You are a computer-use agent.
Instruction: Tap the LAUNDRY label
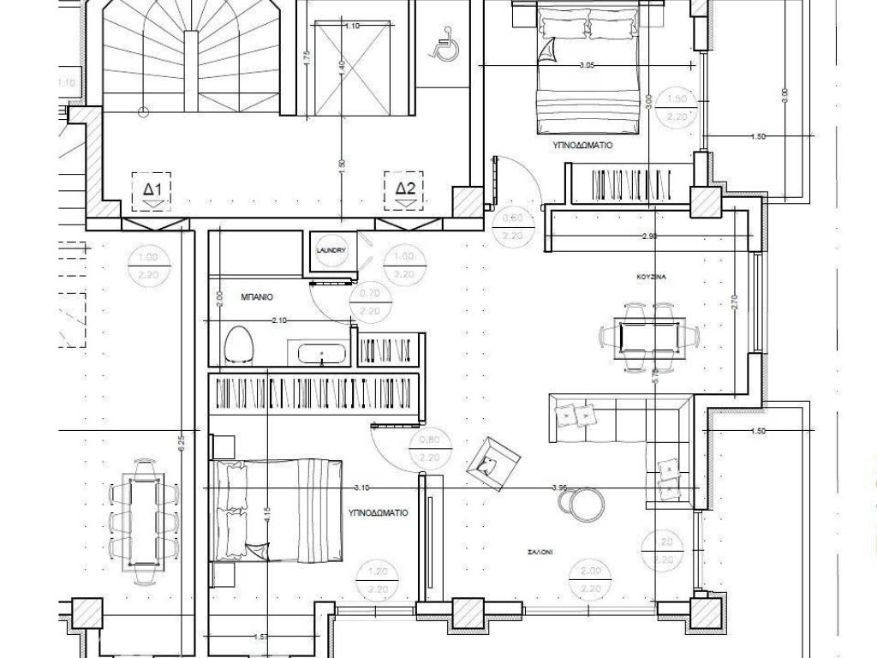coord(330,250)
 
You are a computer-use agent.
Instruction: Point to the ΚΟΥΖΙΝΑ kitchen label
coord(652,278)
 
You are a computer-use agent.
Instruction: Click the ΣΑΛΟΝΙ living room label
coord(540,553)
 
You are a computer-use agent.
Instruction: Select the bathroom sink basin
coord(321,353)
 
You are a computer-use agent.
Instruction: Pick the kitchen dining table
coord(651,335)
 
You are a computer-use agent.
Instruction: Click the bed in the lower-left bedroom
coord(278,511)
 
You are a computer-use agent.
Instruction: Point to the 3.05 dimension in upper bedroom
coord(588,65)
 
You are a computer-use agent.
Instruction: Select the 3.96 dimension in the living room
coord(560,488)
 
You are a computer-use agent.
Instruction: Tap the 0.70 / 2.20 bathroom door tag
coord(370,301)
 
